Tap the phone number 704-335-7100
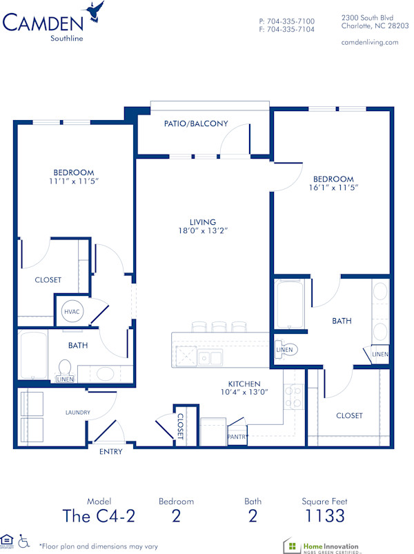pyautogui.click(x=290, y=21)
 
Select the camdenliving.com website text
pyautogui.click(x=370, y=42)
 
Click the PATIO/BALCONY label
pyautogui.click(x=196, y=124)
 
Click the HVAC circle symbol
pyautogui.click(x=72, y=311)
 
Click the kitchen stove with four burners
pyautogui.click(x=294, y=397)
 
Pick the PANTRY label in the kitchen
pyautogui.click(x=237, y=436)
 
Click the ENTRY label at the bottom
pyautogui.click(x=111, y=452)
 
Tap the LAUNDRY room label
pyautogui.click(x=78, y=413)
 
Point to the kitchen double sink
pyautogui.click(x=210, y=357)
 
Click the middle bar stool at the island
pyautogui.click(x=219, y=326)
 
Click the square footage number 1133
pyautogui.click(x=324, y=515)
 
